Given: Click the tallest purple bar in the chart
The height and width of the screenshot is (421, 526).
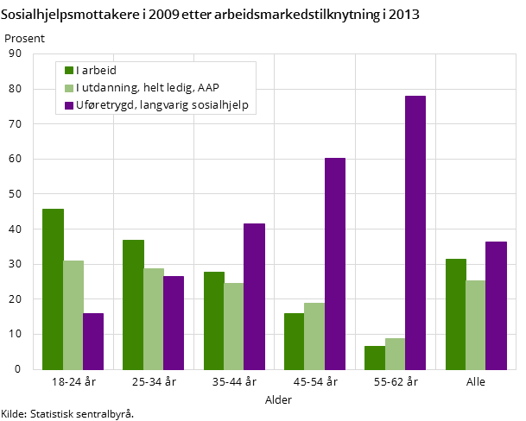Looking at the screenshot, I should point(415,232).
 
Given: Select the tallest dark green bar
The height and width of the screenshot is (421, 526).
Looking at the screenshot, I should point(53,289).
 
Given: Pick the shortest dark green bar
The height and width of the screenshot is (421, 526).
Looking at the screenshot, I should point(375,357).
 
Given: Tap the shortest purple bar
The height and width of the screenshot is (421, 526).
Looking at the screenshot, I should point(93,341).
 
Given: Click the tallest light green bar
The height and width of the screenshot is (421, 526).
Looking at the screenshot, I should point(73,315).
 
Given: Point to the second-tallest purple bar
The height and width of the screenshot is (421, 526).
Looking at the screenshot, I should point(335,263).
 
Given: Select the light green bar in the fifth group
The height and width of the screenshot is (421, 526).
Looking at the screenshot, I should point(395,354).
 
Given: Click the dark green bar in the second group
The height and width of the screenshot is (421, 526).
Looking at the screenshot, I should point(133,305).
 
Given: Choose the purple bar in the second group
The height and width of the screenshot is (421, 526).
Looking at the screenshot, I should point(174,323).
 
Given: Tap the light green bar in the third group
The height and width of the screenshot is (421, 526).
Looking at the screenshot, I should point(233,326).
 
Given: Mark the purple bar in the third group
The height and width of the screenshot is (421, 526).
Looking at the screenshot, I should point(254,296).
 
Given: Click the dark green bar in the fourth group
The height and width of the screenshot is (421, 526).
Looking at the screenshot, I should point(295,341).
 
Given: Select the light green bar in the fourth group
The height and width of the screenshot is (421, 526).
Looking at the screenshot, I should point(314,336).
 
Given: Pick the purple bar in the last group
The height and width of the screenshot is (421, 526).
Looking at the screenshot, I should point(496,305).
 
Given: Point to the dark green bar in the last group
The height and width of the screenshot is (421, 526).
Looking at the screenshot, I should point(456,314).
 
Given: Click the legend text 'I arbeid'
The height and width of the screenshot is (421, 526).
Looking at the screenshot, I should point(96,71).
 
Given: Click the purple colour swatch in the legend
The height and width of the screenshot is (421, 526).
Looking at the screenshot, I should point(69,106).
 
